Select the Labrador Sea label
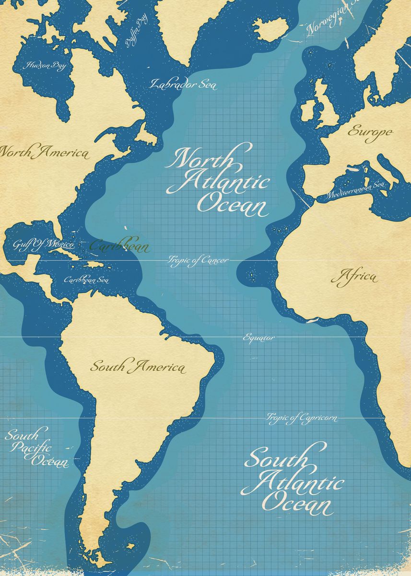[182, 84]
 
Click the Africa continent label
[354, 277]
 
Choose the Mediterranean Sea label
[355, 190]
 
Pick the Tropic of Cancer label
[198, 260]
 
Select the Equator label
[259, 337]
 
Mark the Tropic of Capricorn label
[301, 418]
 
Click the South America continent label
[138, 367]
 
